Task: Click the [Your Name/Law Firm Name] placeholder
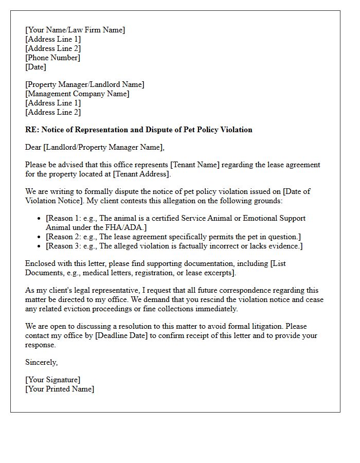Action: coord(75,30)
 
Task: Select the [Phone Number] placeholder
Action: coord(52,58)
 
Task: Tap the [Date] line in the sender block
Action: coord(35,67)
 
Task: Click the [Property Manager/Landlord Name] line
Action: coord(85,84)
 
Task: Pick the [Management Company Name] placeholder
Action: coord(77,94)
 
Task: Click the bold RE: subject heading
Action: coord(139,130)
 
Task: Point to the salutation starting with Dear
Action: coord(95,147)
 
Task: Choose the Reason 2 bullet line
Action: coord(173,236)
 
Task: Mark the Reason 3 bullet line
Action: coord(174,245)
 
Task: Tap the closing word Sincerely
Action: coord(41,362)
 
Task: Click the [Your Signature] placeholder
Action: coord(52,380)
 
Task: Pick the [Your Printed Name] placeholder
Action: coord(60,389)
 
